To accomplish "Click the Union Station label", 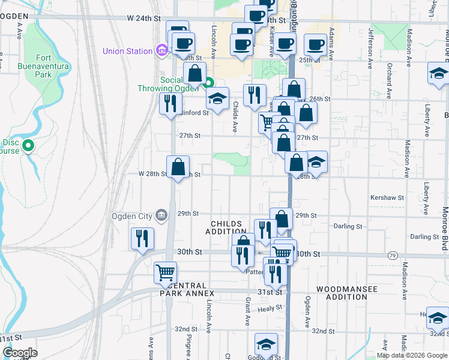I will [127, 51].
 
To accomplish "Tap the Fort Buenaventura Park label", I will [52, 67].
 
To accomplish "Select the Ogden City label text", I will [132, 216].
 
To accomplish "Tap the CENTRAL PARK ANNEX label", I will [187, 289].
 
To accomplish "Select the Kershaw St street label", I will [388, 197].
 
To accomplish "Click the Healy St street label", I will [270, 308].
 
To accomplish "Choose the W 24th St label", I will [145, 19].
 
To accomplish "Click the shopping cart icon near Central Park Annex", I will [165, 272].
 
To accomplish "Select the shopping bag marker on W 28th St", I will [178, 166].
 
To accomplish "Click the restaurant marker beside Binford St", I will [170, 103].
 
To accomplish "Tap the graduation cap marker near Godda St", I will [266, 344].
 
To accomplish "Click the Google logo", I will [20, 353].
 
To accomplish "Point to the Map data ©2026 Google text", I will [411, 355].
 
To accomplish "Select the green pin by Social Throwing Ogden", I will [209, 84].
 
